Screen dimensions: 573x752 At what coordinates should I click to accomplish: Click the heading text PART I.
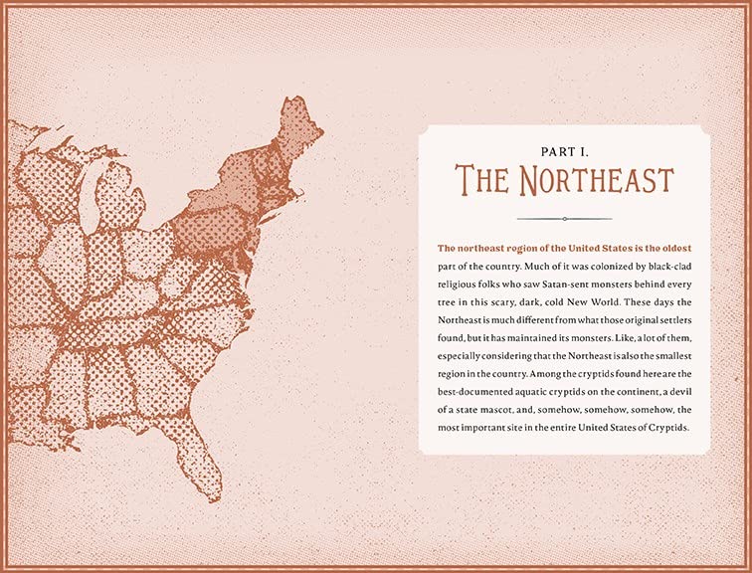[x=564, y=152]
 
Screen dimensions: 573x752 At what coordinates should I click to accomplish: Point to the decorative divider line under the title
[x=564, y=218]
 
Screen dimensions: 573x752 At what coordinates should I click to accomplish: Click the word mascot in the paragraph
[x=510, y=411]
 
